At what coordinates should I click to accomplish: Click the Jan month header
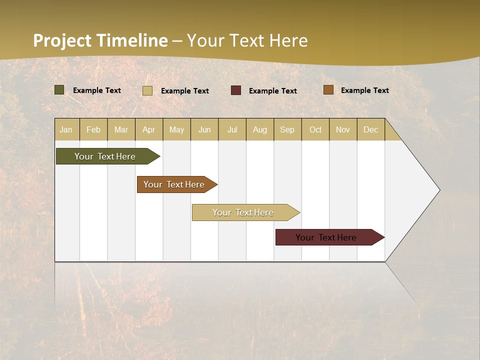click(66, 129)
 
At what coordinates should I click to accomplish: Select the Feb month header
click(93, 129)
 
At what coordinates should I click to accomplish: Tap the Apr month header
click(149, 129)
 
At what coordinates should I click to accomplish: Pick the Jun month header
click(204, 129)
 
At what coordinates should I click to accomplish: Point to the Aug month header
click(260, 129)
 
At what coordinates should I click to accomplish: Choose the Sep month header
click(287, 129)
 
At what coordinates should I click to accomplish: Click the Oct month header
click(315, 129)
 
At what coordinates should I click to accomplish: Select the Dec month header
click(371, 129)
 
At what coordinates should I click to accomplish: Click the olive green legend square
click(59, 90)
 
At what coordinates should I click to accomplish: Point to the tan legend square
click(147, 90)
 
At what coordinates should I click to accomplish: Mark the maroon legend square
click(236, 90)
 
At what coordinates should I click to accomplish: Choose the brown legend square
click(328, 90)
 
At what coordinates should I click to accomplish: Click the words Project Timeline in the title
click(100, 40)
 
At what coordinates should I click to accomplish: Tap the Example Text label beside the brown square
click(365, 90)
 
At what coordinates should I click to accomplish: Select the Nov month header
click(343, 129)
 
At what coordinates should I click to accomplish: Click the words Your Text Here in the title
click(247, 40)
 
